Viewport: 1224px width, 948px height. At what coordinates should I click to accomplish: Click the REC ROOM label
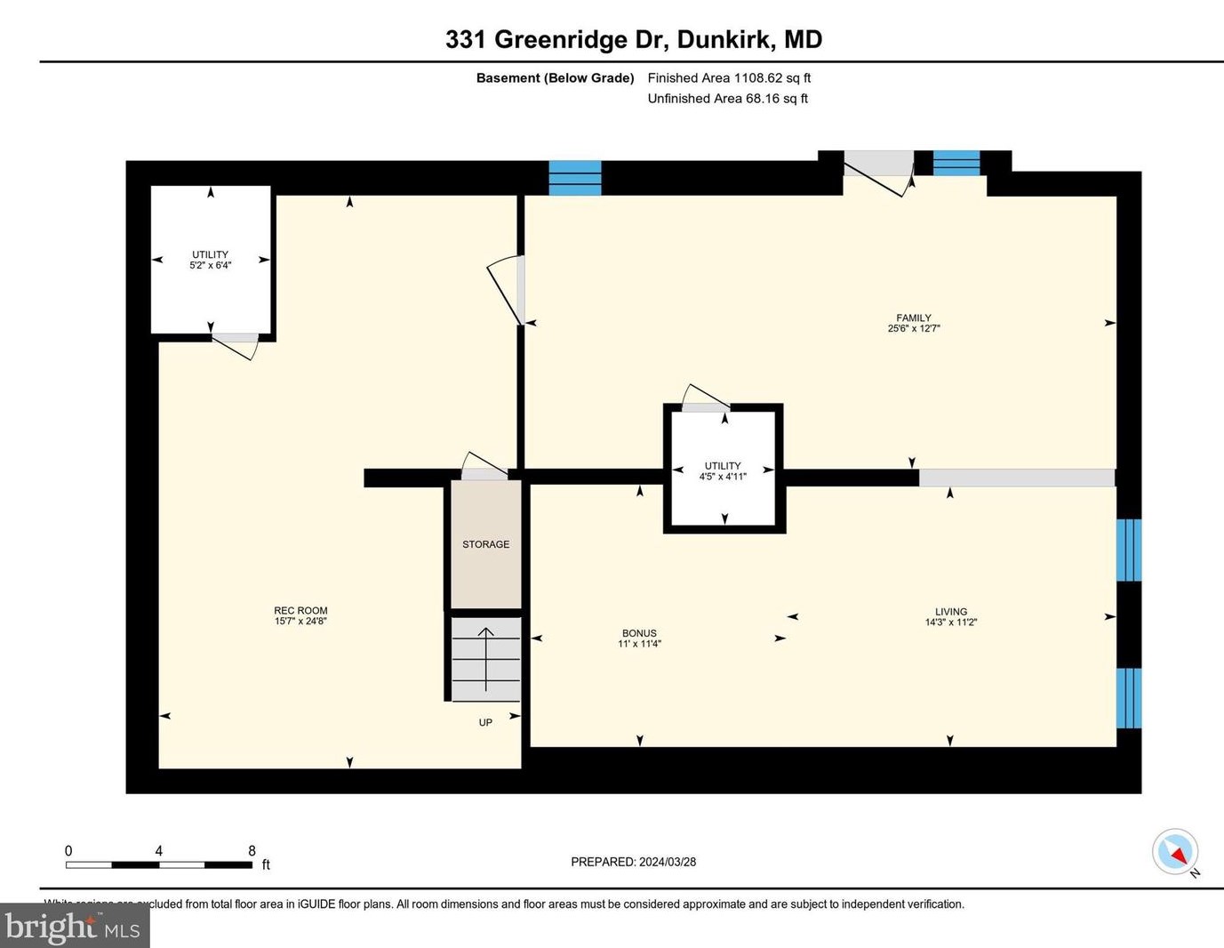click(x=300, y=611)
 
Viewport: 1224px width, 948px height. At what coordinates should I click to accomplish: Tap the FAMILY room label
click(x=913, y=317)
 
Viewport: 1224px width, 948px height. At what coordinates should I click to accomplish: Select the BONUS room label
click(x=639, y=633)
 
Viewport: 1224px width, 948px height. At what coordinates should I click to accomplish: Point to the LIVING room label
click(x=950, y=612)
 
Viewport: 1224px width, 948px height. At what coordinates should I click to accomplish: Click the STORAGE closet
click(x=485, y=544)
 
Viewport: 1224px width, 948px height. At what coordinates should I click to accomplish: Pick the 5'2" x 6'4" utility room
click(x=211, y=260)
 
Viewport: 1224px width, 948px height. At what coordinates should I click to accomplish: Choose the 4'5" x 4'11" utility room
click(x=723, y=470)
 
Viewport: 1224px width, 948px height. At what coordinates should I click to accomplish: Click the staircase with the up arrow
click(x=485, y=659)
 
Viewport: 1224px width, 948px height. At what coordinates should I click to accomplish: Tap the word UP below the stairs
click(x=485, y=723)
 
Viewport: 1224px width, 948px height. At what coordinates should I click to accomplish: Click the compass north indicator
click(x=1176, y=853)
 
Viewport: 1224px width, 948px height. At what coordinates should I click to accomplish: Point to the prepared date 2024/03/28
click(x=633, y=862)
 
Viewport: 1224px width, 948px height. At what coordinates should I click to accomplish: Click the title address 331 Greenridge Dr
click(x=633, y=39)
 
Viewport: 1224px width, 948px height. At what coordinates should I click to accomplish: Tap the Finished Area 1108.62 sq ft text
click(x=729, y=78)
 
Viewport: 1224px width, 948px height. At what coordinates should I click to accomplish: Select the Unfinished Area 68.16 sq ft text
click(x=727, y=99)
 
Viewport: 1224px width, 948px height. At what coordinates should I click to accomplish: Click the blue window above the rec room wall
click(x=575, y=178)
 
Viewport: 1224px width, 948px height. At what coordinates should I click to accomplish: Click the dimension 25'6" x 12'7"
click(x=913, y=329)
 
